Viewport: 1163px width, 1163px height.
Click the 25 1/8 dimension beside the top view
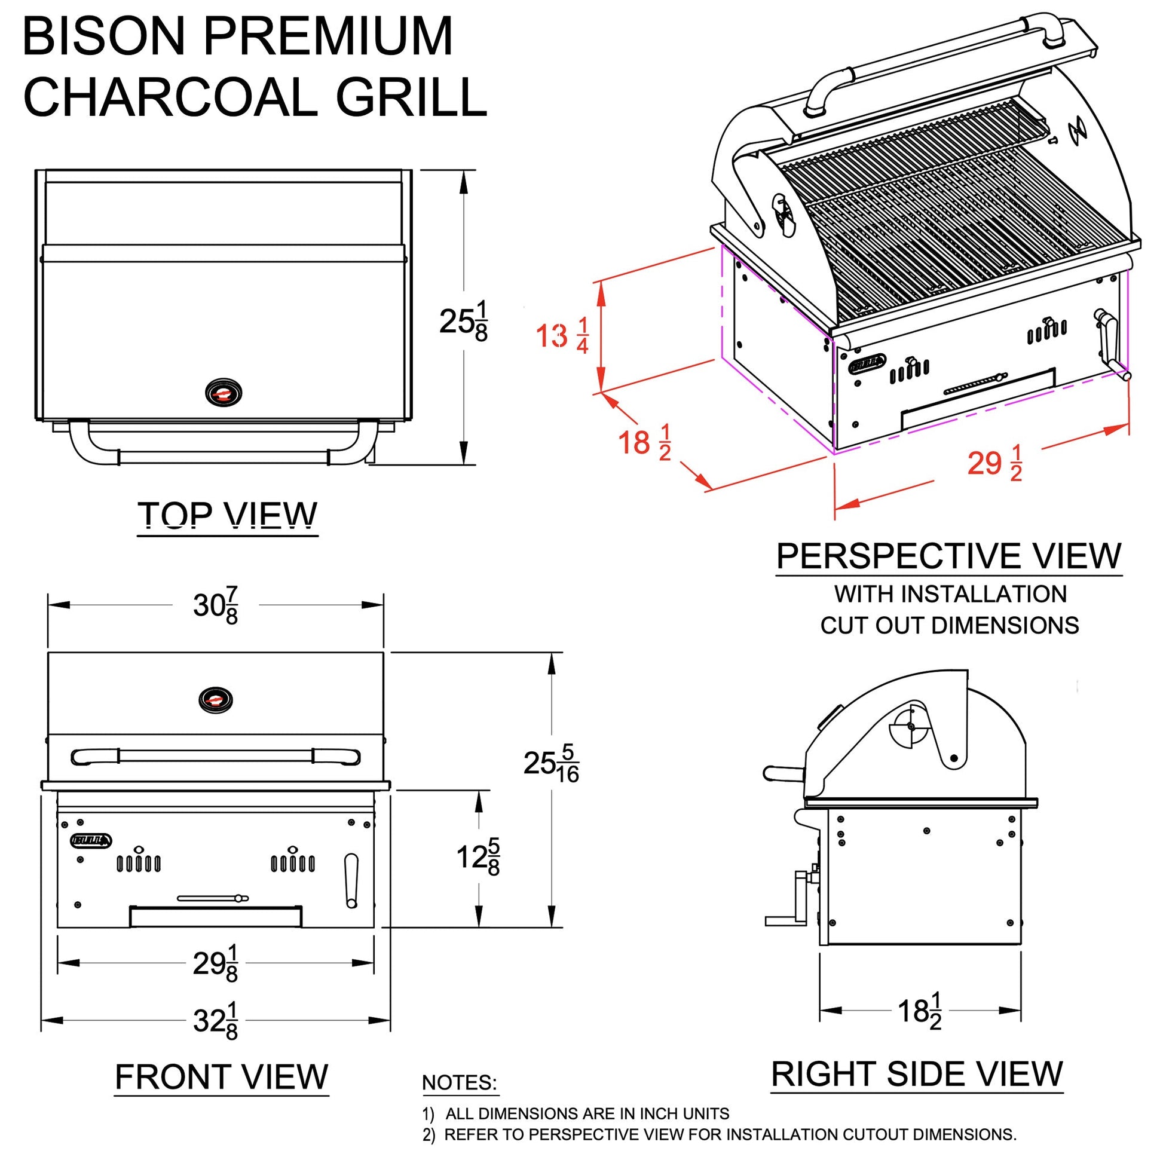(464, 322)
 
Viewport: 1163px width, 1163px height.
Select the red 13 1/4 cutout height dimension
(562, 336)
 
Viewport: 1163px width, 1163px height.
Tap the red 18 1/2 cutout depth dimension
(644, 442)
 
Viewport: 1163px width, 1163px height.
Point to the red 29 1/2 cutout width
(994, 464)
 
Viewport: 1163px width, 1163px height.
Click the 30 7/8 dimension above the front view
(216, 605)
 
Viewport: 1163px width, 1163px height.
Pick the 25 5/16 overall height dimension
(551, 764)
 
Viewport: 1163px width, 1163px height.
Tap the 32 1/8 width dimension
(216, 1021)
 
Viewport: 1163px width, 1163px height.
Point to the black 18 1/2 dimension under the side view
(919, 1011)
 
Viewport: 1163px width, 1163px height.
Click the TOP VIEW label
(228, 515)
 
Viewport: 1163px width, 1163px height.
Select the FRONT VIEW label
(222, 1077)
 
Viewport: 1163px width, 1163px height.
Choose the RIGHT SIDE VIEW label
(917, 1075)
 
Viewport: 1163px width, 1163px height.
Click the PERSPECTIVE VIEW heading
(948, 556)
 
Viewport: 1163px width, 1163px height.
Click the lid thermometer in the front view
(216, 700)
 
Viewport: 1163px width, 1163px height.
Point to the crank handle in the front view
(351, 881)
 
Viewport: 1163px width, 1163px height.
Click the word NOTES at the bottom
(460, 1083)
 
